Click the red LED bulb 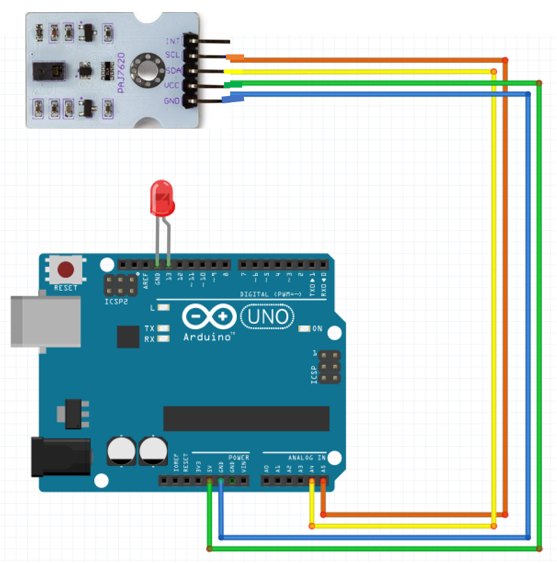(x=162, y=198)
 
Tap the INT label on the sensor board (x=173, y=41)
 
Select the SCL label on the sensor (x=173, y=56)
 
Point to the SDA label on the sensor (x=173, y=70)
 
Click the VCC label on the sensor (x=172, y=85)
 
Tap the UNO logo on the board (x=267, y=316)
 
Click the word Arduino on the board (x=208, y=336)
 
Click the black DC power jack (x=60, y=457)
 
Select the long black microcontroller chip (x=246, y=418)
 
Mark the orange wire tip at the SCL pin (x=236, y=58)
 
